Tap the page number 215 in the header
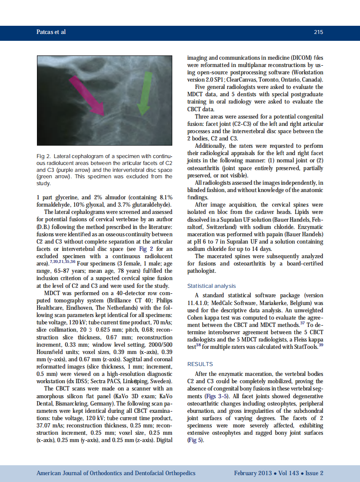tap(318, 32)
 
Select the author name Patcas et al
tap(51, 32)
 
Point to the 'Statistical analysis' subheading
tap(211, 286)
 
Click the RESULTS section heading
tap(200, 364)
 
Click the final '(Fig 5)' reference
tap(195, 440)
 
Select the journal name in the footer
tap(116, 473)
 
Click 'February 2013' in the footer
tap(253, 473)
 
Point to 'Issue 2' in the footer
tap(314, 473)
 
